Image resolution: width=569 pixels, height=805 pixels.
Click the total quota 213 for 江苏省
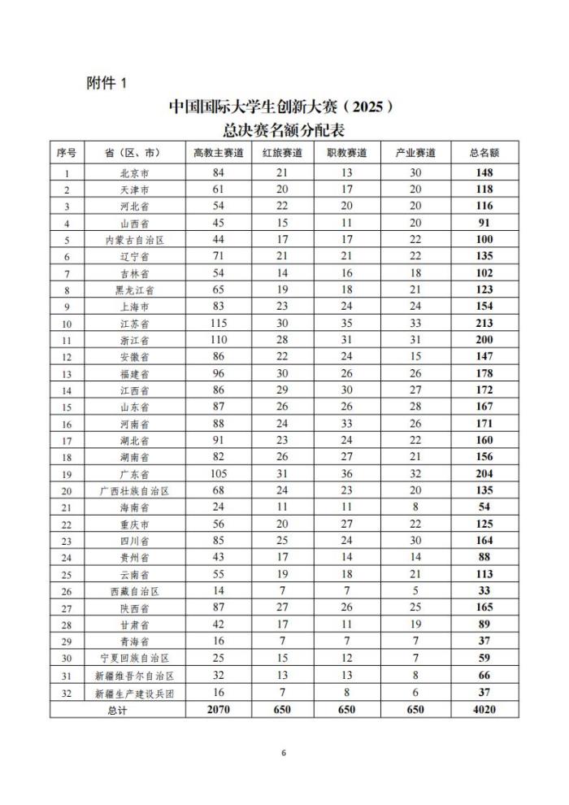484,323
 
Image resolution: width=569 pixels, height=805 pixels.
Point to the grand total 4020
484,709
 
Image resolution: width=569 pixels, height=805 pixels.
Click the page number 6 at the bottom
284,753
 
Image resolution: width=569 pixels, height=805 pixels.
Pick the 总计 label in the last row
117,709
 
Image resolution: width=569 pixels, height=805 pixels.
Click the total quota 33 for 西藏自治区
484,591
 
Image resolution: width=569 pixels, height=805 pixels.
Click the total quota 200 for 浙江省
484,340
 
